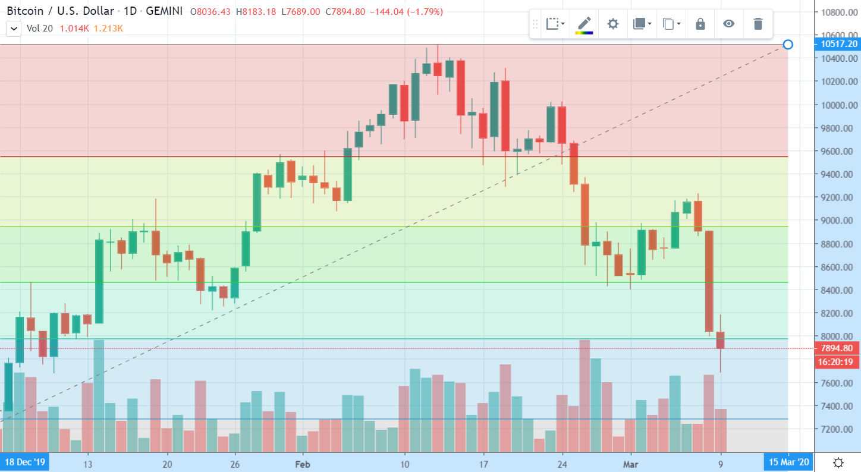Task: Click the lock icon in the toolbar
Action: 700,24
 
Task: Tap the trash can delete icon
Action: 758,24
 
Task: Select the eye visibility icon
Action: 729,24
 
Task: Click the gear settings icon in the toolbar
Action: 613,24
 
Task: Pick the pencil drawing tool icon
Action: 584,24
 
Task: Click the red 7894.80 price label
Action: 836,348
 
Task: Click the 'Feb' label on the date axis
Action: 303,464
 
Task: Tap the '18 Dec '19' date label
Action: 25,462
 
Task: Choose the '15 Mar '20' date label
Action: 788,462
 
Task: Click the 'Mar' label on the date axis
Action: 632,464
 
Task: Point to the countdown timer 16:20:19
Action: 836,361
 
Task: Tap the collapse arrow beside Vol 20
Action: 14,27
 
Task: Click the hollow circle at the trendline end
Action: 788,45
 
